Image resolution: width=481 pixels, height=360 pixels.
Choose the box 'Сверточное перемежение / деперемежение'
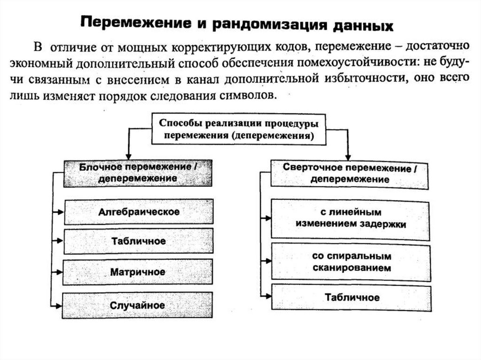click(x=350, y=173)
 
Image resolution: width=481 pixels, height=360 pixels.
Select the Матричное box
click(x=138, y=272)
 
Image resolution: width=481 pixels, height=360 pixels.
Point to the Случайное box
click(x=138, y=305)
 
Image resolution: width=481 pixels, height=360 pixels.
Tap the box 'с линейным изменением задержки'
click(x=350, y=218)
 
